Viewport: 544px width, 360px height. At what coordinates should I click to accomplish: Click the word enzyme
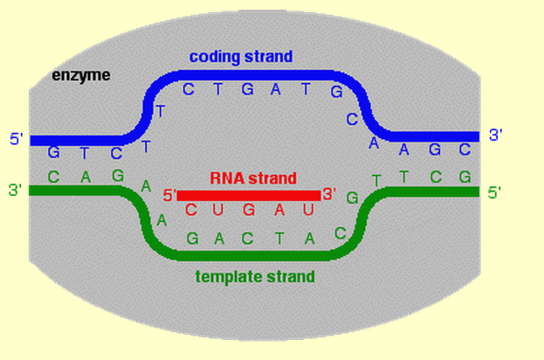pyautogui.click(x=81, y=75)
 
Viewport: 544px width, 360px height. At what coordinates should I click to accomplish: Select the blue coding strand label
pyautogui.click(x=241, y=57)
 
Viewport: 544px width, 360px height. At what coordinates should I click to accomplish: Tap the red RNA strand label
pyautogui.click(x=253, y=177)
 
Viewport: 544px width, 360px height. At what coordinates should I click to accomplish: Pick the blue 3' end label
pyautogui.click(x=495, y=135)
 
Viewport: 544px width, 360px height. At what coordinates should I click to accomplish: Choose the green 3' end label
pyautogui.click(x=16, y=190)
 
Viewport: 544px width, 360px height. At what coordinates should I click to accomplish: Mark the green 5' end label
pyautogui.click(x=494, y=192)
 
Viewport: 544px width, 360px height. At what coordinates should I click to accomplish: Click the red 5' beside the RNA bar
pyautogui.click(x=169, y=195)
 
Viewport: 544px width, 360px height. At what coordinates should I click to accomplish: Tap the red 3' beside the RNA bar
pyautogui.click(x=330, y=194)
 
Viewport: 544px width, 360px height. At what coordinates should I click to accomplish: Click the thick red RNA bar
pyautogui.click(x=249, y=195)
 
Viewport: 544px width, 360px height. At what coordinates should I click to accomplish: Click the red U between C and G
pyautogui.click(x=219, y=211)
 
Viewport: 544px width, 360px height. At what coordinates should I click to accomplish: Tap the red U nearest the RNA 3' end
pyautogui.click(x=306, y=211)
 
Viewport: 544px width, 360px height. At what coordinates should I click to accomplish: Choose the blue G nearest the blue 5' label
pyautogui.click(x=54, y=151)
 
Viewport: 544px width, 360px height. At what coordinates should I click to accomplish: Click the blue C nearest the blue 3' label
pyautogui.click(x=465, y=149)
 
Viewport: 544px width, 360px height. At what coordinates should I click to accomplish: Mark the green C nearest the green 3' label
pyautogui.click(x=54, y=177)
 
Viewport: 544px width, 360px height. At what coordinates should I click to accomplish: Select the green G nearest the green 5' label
pyautogui.click(x=465, y=178)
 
